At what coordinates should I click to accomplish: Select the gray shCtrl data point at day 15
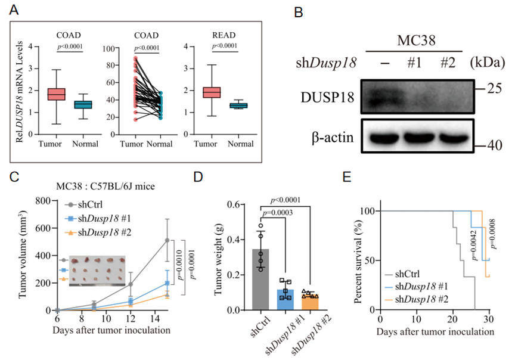[x=167, y=240]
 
